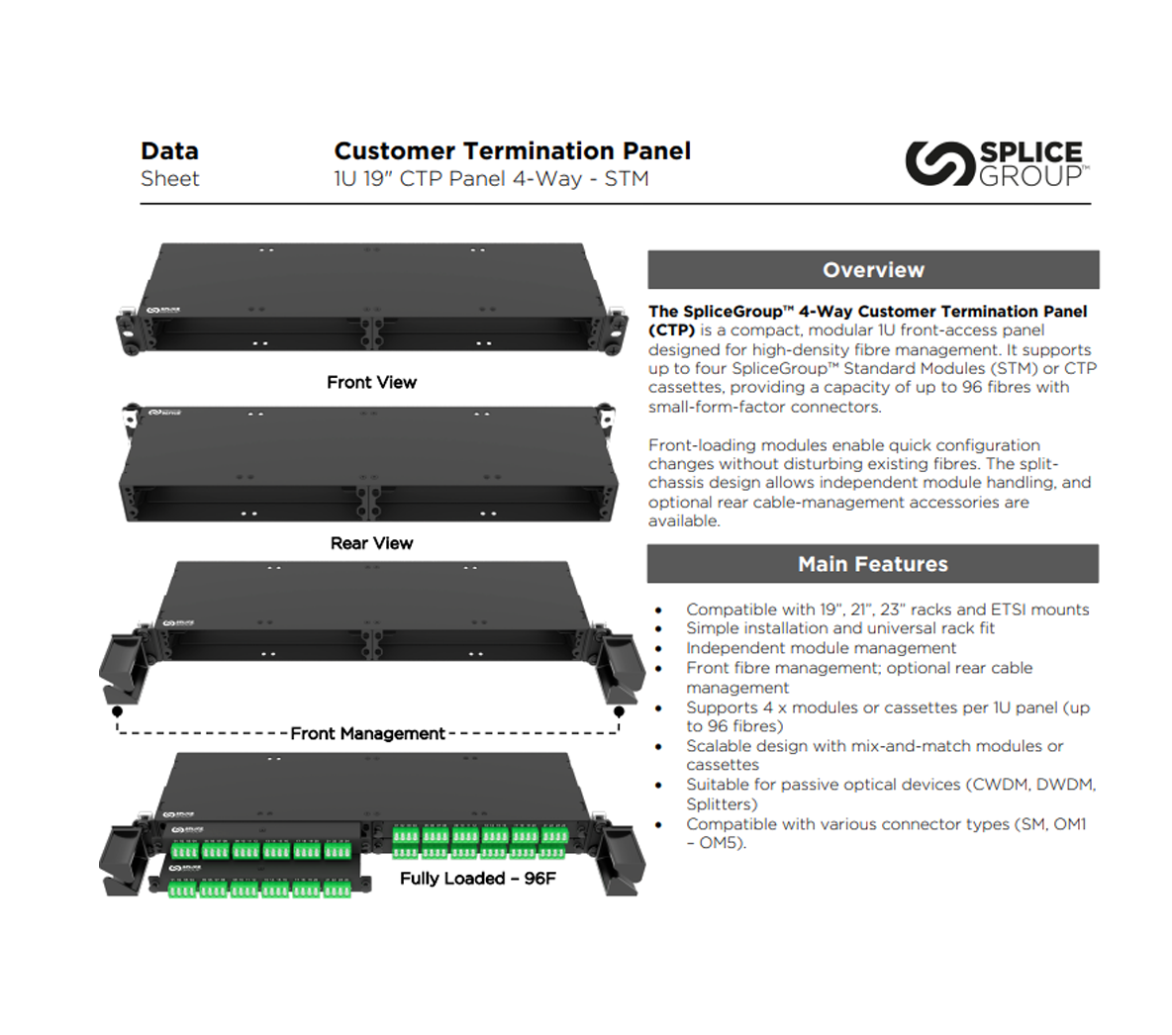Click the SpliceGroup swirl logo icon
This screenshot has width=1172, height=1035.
(x=937, y=163)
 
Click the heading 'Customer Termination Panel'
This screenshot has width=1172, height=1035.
(x=512, y=151)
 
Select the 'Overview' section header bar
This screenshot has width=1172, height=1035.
(x=873, y=269)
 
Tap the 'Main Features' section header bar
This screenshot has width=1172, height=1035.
(x=873, y=564)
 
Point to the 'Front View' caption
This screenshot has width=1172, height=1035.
(x=371, y=383)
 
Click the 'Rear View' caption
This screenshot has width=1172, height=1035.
(x=371, y=543)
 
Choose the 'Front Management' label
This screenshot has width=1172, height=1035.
(x=367, y=733)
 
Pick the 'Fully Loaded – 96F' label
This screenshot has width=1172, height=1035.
(x=477, y=879)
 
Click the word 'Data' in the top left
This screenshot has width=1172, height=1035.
(x=169, y=151)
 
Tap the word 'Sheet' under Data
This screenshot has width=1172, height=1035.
(x=169, y=179)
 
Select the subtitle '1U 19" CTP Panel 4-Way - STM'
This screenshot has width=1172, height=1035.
(x=491, y=179)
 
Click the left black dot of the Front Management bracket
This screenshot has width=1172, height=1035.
(x=118, y=711)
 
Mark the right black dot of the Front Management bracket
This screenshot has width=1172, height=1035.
(x=619, y=711)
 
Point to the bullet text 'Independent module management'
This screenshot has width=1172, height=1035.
(x=821, y=648)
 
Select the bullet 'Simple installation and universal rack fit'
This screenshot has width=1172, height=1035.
(x=839, y=628)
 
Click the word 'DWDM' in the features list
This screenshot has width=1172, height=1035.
(x=1065, y=785)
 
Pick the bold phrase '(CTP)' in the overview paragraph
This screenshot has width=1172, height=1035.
(x=672, y=330)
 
